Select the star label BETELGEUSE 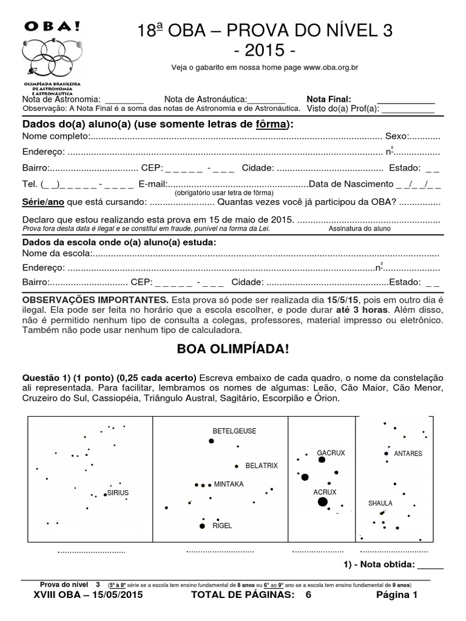pyautogui.click(x=234, y=431)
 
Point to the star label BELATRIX pyautogui.click(x=262, y=466)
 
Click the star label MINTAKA pyautogui.click(x=229, y=485)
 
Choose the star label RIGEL pyautogui.click(x=222, y=526)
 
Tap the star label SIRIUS pyautogui.click(x=118, y=493)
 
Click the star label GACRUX pyautogui.click(x=331, y=453)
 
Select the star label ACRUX pyautogui.click(x=325, y=491)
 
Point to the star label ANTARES pyautogui.click(x=408, y=453)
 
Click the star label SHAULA pyautogui.click(x=380, y=503)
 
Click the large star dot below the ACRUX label pyautogui.click(x=322, y=502)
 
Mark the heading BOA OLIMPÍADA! pyautogui.click(x=233, y=350)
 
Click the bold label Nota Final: pyautogui.click(x=329, y=99)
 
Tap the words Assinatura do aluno pyautogui.click(x=360, y=229)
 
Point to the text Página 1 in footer pyautogui.click(x=397, y=596)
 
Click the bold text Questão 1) pyautogui.click(x=45, y=377)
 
